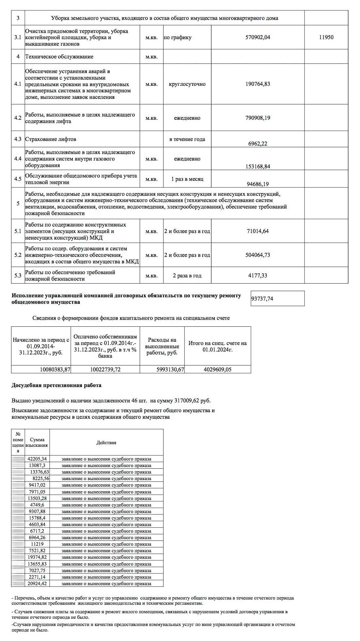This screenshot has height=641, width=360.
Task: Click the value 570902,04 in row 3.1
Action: pos(258,37)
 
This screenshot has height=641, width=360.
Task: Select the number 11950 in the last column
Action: pos(326,37)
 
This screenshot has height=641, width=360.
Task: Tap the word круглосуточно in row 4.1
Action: pos(187,84)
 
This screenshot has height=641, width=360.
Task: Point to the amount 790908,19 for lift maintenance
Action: pos(258,118)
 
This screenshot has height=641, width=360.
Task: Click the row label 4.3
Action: pos(18,139)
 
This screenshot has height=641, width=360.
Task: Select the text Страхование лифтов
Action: pos(51,139)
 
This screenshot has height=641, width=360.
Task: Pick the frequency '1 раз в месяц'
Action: pos(187,179)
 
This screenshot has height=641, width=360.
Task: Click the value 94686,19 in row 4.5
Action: pos(258,184)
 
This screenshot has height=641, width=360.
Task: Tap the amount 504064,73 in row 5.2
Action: pos(258,255)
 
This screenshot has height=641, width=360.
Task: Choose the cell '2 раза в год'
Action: pos(187,275)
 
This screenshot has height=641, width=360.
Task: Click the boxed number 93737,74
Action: pos(262,298)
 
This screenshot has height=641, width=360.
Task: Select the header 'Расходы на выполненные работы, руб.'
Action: pos(162,346)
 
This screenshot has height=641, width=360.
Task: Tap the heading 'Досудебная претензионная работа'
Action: pos(56,385)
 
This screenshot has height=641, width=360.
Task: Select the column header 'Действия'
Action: pos(106,443)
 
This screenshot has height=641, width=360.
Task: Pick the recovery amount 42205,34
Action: pos(37,459)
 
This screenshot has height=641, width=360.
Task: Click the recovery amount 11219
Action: pos(37,544)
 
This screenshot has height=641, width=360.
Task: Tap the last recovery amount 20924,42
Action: pos(37,584)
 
